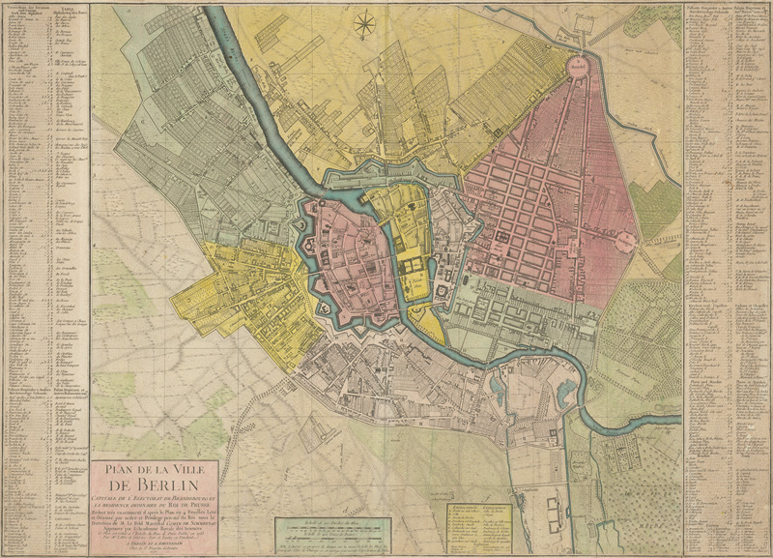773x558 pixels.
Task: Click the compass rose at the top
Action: point(366,24)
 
